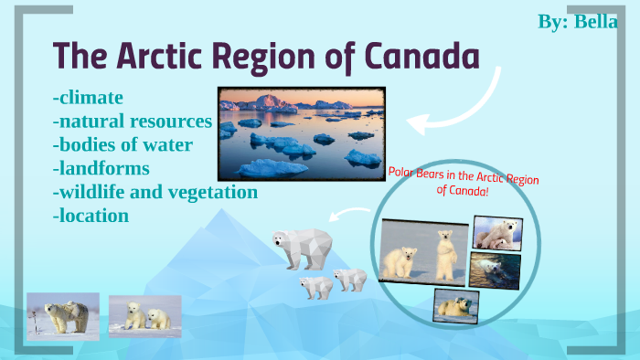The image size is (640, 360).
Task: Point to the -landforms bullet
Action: point(101,168)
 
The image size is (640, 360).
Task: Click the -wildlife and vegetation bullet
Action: point(155,192)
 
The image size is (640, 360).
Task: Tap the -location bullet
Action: point(91,216)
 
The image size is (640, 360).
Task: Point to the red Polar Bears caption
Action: point(464,183)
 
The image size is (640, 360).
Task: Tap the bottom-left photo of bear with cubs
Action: point(62,316)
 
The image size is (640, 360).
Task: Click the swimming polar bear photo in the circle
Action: point(495,270)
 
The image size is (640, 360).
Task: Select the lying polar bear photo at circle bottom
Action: point(455,305)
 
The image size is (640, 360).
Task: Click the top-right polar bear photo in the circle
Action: point(497,232)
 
